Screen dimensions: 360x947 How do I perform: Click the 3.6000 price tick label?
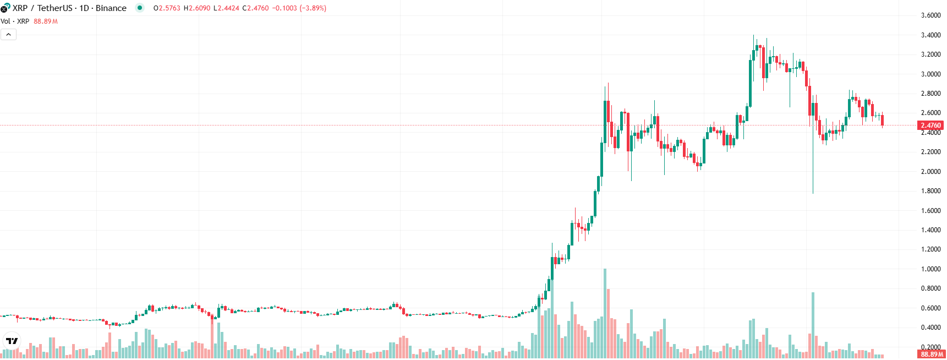coord(930,15)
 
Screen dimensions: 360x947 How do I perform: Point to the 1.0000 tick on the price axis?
coord(930,269)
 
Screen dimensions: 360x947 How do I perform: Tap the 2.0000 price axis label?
coord(930,172)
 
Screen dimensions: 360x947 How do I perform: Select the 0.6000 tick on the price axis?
coord(930,308)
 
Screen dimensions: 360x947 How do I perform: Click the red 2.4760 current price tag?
coord(930,126)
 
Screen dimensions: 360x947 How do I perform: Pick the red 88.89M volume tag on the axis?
coord(932,354)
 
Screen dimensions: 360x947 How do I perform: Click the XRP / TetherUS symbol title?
coord(42,8)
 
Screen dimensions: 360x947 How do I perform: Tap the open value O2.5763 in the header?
coord(167,8)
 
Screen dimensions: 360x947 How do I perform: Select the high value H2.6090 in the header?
coord(197,8)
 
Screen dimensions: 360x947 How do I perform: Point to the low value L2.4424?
coord(226,8)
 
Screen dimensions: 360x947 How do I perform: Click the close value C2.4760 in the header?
coord(256,8)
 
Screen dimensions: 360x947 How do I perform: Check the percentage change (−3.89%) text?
coord(313,8)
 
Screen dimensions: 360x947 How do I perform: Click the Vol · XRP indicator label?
coord(15,21)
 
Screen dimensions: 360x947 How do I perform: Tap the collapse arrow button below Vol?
coord(9,35)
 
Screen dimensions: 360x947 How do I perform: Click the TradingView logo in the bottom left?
coord(12,341)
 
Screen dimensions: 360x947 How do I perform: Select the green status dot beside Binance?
coord(140,8)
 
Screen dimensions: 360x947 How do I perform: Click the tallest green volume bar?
coord(605,314)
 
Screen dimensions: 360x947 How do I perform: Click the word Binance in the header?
coord(111,8)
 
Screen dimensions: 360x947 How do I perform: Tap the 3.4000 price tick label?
coord(930,35)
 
